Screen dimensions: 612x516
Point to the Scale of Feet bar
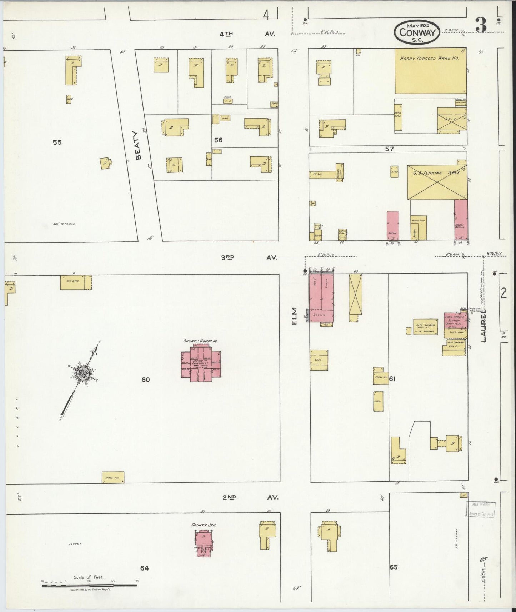(x=89, y=585)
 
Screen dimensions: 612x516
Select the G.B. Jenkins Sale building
(x=437, y=182)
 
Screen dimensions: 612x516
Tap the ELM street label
(x=295, y=316)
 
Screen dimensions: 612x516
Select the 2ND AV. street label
(x=250, y=498)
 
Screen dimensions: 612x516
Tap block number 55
(x=57, y=142)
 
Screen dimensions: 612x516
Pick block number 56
(x=218, y=140)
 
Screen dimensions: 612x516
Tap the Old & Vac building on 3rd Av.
(x=75, y=282)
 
